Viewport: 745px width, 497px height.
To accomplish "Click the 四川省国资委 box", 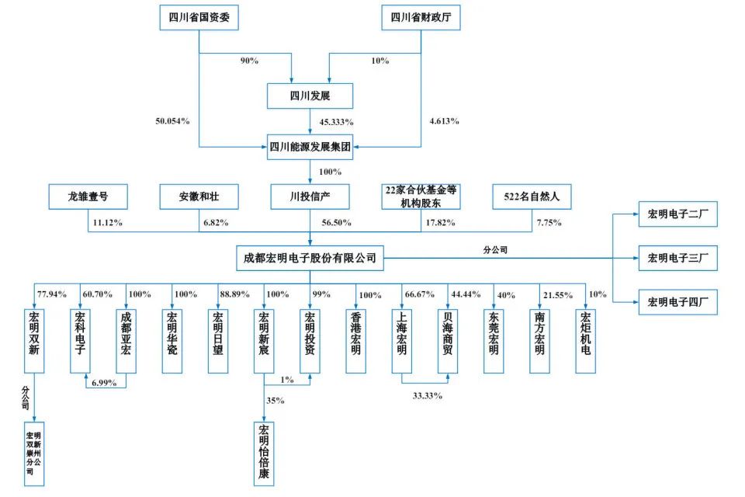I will click(x=199, y=17).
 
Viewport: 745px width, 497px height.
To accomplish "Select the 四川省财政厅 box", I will click(x=421, y=17).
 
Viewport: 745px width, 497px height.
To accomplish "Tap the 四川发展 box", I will click(x=310, y=96).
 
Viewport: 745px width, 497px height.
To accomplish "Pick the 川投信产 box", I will click(x=310, y=197).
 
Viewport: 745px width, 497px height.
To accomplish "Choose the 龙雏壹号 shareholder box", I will click(x=87, y=197).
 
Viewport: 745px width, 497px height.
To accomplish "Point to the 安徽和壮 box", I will click(x=199, y=197).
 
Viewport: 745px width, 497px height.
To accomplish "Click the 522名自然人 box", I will click(x=532, y=197).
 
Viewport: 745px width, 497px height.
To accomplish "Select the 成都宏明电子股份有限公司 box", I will click(x=310, y=257).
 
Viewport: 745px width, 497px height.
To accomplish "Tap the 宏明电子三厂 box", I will click(x=677, y=257).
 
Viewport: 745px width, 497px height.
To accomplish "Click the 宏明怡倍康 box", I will click(x=265, y=452).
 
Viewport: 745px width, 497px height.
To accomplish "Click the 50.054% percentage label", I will click(x=173, y=121).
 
